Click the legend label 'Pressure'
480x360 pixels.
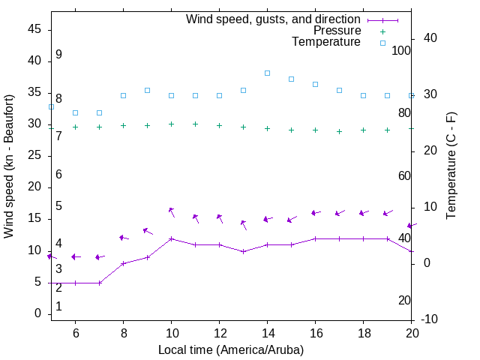pos(337,31)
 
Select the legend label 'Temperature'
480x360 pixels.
pos(326,42)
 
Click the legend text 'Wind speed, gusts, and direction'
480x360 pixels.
pos(274,19)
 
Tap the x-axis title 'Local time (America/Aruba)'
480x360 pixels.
pos(231,349)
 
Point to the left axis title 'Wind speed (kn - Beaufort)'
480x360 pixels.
pos(9,166)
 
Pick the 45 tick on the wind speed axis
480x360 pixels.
pos(34,30)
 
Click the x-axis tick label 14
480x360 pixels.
pos(267,333)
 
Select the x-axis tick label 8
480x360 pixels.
pos(123,333)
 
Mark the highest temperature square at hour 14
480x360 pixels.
pos(267,73)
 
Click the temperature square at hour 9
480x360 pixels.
pos(147,90)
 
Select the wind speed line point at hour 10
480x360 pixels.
pos(171,238)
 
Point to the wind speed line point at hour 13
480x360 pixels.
pos(243,251)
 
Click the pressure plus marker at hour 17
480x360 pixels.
pos(339,131)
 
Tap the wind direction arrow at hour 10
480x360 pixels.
pos(172,211)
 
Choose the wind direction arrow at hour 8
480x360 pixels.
pos(124,238)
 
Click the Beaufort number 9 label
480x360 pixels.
pos(58,55)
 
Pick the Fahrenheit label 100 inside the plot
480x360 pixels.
pos(401,51)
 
